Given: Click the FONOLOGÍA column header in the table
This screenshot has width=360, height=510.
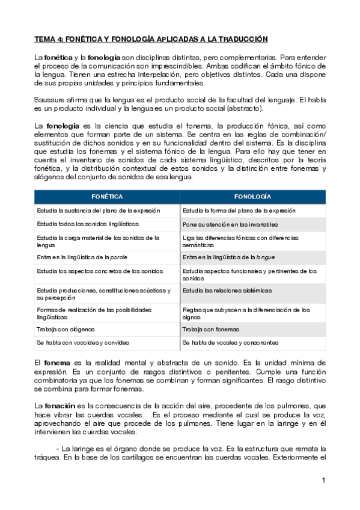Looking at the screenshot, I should [x=253, y=197].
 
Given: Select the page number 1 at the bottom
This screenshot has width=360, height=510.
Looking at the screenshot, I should [x=323, y=480].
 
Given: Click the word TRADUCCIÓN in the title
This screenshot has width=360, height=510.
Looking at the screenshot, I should [x=238, y=39].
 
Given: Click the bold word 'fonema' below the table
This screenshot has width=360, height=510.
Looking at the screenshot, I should [x=57, y=364].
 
